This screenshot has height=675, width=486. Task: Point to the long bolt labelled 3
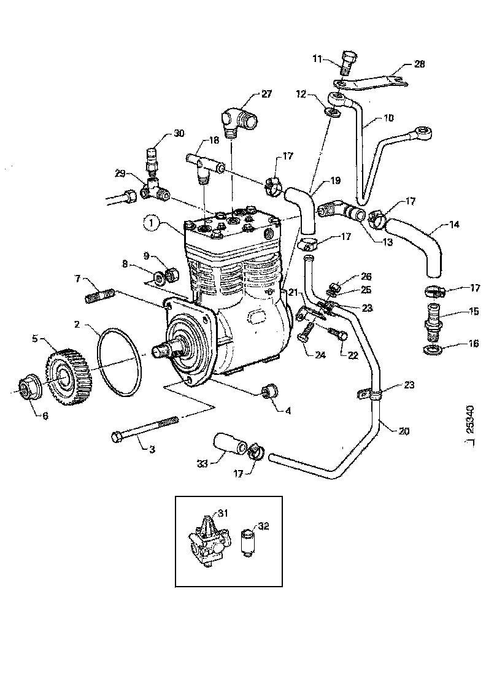(x=144, y=428)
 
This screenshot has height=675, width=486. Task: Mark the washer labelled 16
(x=432, y=350)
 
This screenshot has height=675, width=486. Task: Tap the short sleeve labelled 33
(x=227, y=445)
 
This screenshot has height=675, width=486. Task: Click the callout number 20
(x=403, y=431)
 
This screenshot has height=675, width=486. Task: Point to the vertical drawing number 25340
(x=470, y=417)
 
